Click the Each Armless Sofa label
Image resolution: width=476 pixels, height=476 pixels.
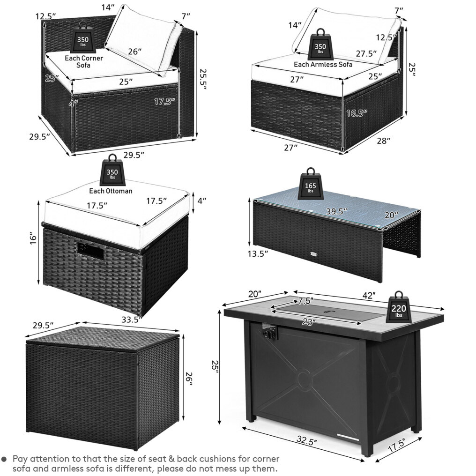(x=323, y=64)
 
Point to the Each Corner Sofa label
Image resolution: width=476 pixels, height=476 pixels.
(x=84, y=62)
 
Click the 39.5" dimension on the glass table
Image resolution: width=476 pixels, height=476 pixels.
(x=337, y=211)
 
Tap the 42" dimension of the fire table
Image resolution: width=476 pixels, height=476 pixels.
(x=369, y=295)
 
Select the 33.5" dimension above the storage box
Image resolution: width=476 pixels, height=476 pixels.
(x=132, y=320)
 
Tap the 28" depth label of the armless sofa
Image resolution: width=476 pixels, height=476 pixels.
(x=383, y=141)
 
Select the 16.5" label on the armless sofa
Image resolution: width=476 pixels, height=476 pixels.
(x=357, y=113)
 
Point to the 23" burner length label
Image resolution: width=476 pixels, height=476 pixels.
(x=309, y=322)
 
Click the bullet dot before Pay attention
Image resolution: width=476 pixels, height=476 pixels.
(x=4, y=459)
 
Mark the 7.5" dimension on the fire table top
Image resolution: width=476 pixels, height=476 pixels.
(x=305, y=301)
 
